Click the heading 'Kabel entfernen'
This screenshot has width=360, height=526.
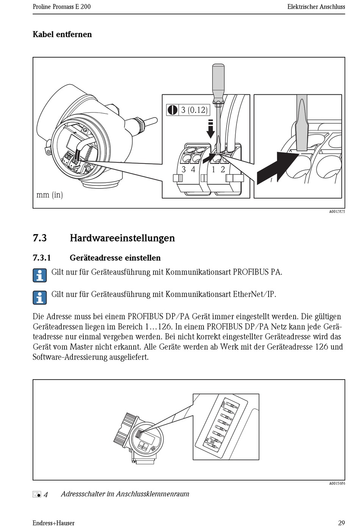[62, 35]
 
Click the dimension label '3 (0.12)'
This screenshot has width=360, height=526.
[194, 110]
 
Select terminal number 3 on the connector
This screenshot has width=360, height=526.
[184, 170]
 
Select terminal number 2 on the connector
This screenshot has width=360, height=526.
[223, 170]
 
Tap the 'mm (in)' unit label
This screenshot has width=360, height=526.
[50, 195]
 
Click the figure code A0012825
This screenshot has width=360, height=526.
[337, 212]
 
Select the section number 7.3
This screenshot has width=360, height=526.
[40, 238]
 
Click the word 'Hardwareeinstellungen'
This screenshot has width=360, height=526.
[122, 238]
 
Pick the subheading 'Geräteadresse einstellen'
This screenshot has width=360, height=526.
[115, 258]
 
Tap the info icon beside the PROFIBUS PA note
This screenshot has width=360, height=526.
[40, 275]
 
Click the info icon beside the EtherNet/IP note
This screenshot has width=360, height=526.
[40, 297]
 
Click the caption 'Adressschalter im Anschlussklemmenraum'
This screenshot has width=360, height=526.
[125, 494]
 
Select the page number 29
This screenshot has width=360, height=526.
[341, 523]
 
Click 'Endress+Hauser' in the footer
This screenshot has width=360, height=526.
[53, 523]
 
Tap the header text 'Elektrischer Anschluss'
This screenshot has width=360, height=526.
[316, 7]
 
